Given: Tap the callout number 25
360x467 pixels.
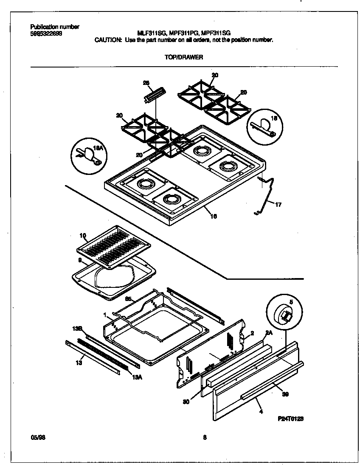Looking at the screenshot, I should click(146, 83).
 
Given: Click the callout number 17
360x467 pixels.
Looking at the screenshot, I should click(278, 205).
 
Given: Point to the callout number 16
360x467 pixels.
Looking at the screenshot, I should click(214, 216).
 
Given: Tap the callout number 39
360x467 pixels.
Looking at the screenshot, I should click(285, 394).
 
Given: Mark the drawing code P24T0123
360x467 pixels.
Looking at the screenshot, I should click(291, 419).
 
